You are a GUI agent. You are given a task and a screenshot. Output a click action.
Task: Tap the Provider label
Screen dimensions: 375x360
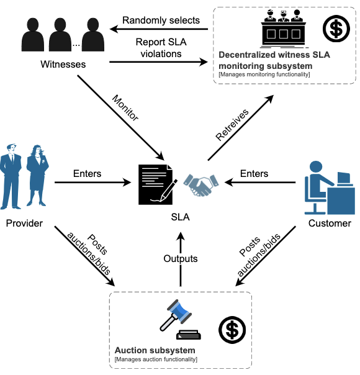tap(25, 223)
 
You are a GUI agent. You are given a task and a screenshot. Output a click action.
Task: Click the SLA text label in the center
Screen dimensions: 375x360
tap(181, 217)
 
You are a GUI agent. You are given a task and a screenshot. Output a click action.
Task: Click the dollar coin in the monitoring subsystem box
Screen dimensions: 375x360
tap(336, 27)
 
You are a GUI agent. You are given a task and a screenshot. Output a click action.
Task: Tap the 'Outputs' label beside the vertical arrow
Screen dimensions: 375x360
tap(181, 258)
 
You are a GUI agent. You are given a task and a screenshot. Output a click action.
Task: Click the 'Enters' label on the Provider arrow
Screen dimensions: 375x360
tap(87, 173)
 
